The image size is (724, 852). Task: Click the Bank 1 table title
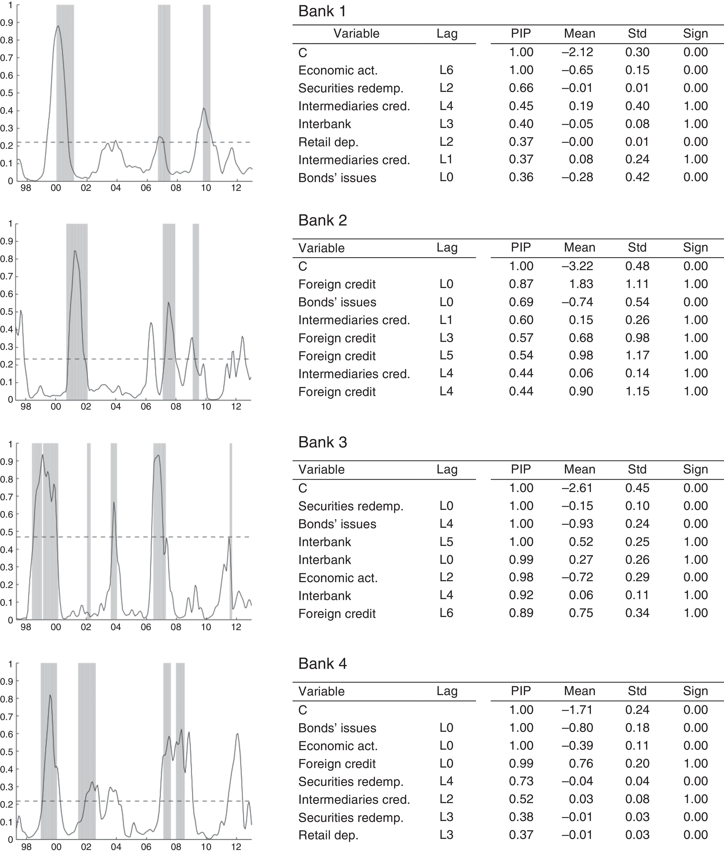point(322,11)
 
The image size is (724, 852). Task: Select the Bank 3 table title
point(323,442)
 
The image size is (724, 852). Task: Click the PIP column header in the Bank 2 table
point(521,248)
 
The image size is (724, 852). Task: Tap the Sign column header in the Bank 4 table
point(695,691)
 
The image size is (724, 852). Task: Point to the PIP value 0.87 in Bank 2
point(521,284)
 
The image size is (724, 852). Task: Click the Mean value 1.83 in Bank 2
point(581,284)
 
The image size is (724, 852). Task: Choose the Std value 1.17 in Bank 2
point(637,355)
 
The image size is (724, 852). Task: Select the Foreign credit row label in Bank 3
point(337,613)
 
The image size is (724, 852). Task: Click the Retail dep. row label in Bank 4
point(328,835)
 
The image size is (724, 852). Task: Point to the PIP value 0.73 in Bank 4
point(521,781)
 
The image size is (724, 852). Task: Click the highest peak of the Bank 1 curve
point(58,26)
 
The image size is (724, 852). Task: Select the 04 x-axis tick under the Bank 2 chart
point(116,407)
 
